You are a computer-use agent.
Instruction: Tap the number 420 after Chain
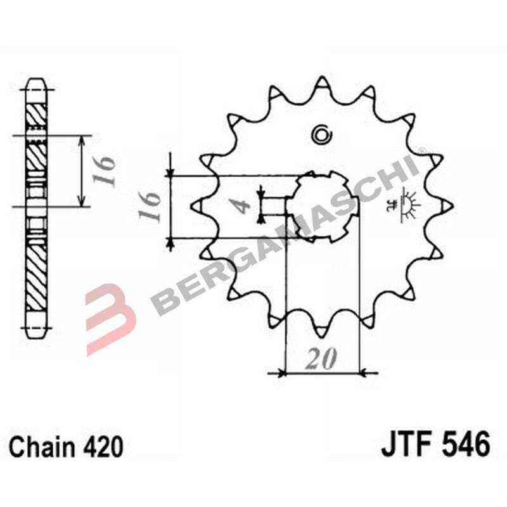pos(103,447)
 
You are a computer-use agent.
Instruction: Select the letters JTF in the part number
pos(406,444)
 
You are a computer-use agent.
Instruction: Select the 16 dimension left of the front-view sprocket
pos(150,207)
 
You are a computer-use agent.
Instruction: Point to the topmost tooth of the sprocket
pos(322,82)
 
